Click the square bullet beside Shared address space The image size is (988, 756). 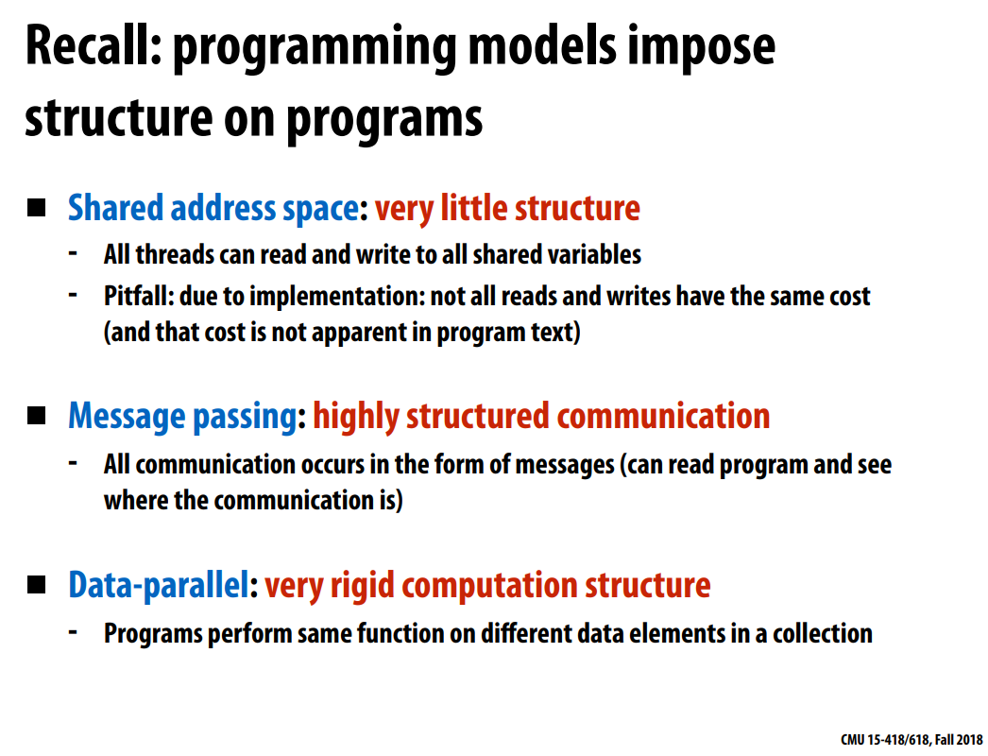pos(37,208)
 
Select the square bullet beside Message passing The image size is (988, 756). pos(37,416)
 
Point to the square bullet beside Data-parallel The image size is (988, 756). pos(37,585)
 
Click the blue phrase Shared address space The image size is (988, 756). pos(213,209)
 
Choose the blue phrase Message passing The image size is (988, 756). pos(182,417)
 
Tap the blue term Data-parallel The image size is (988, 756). pos(159,586)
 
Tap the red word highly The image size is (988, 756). pos(356,417)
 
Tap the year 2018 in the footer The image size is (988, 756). pos(971,740)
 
